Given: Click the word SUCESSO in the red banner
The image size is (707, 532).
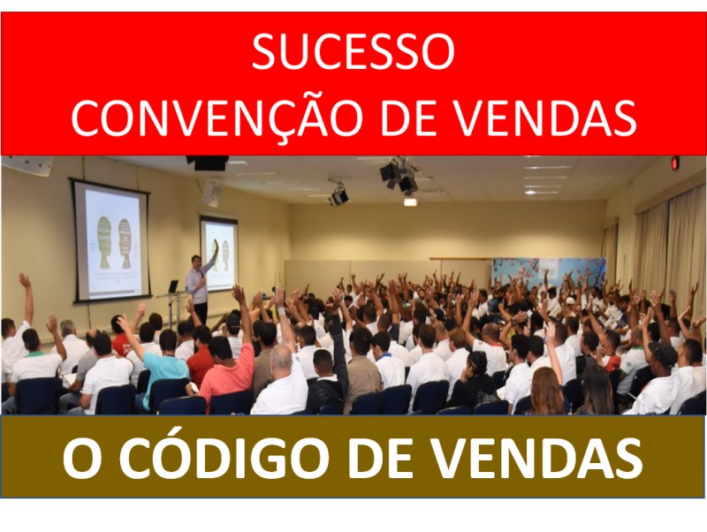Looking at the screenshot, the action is point(353,51).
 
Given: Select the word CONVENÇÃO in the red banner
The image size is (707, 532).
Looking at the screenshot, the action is point(217,117).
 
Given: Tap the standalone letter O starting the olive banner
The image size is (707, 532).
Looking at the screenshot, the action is point(81,457).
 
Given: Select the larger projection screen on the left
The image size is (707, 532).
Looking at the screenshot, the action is point(111,240).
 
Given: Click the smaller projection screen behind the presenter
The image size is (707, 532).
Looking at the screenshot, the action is point(219,254).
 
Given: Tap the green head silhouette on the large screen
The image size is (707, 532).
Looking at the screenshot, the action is point(104,242).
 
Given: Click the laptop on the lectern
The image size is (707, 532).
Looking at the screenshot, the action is point(172,286).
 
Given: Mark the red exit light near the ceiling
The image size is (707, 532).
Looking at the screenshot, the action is point(675,163).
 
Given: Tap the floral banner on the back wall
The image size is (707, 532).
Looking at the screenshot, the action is point(548,273).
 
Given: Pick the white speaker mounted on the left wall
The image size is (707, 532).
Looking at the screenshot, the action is point(210,193).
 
